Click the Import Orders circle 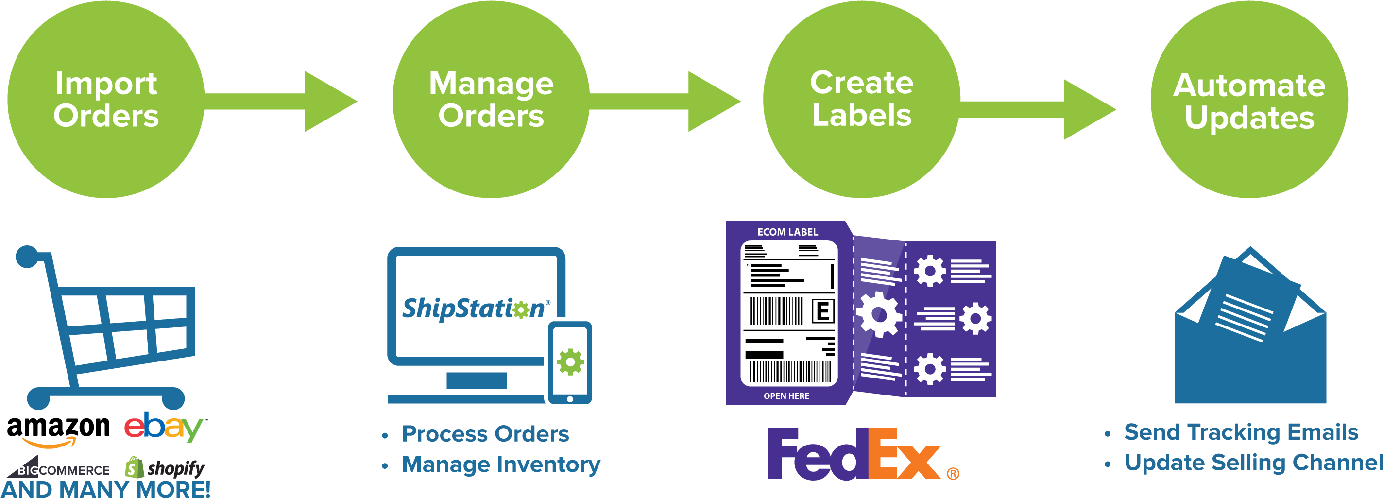point(106,100)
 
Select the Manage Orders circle point(491,100)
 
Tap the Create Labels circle point(861,100)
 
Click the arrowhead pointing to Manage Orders point(327,101)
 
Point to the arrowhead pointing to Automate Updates point(1087,110)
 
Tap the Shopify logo point(165,468)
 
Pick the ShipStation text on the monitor point(475,309)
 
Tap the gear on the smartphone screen point(570,361)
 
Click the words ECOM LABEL point(787,232)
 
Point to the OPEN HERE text point(786,396)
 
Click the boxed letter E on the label point(822,311)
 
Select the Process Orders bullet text point(485,434)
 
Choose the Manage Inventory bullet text point(500,464)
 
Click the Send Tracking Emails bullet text point(1241,432)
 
